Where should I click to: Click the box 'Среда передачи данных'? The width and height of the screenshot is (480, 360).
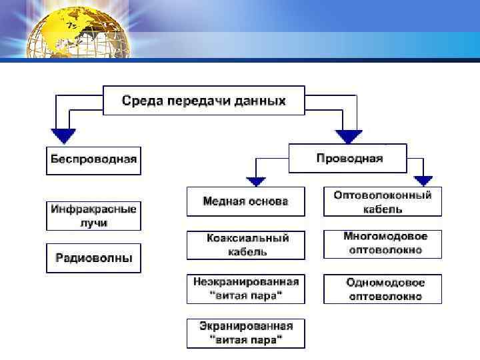click(x=203, y=101)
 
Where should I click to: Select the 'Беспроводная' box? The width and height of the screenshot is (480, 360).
click(x=93, y=159)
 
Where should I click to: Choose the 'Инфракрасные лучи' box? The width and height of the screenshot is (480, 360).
click(x=93, y=216)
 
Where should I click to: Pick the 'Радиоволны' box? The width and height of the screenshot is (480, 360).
click(x=93, y=257)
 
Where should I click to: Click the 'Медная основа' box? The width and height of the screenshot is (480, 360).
click(x=245, y=201)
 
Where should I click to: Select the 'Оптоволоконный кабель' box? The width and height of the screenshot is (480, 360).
click(x=382, y=201)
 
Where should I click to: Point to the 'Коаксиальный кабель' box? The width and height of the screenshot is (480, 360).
click(x=245, y=245)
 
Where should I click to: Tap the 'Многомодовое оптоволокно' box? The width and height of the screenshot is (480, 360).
click(x=382, y=244)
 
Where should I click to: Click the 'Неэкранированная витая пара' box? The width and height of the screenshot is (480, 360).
click(x=245, y=289)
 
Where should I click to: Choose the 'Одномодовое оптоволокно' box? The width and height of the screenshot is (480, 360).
click(x=382, y=289)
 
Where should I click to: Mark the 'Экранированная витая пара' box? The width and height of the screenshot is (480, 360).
click(x=245, y=333)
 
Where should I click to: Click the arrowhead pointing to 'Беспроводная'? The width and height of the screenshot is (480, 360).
click(x=63, y=136)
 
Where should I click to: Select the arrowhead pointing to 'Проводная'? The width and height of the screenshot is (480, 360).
click(x=348, y=136)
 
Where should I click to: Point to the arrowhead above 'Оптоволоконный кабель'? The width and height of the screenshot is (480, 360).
click(x=423, y=180)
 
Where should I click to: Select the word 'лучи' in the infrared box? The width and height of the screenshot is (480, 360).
click(x=93, y=223)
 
